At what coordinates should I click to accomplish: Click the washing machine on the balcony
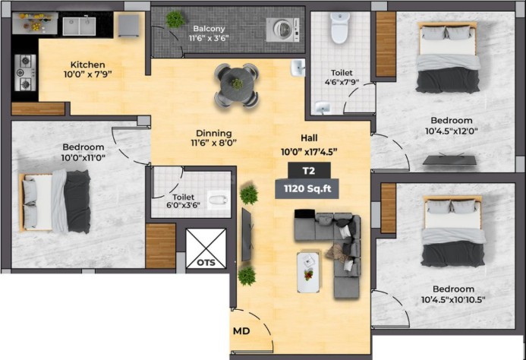coord(282,30)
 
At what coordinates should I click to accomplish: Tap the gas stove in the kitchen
coord(25,73)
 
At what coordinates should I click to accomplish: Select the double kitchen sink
coord(79,26)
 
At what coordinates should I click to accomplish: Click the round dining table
coord(237,85)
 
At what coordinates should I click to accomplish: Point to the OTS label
coord(206,262)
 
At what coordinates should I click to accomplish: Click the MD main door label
coord(241,331)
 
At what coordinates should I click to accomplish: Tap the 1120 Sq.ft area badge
coord(307,188)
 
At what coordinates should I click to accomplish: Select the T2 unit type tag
coord(309,171)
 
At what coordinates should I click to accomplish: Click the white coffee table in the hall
coord(308,273)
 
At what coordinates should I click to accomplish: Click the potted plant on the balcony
coord(175,20)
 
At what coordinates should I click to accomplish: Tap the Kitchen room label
coord(87,65)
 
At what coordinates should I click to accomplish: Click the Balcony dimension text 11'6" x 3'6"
coord(209,38)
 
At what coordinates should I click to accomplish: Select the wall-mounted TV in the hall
coord(246,235)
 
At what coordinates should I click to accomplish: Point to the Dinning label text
coord(214,134)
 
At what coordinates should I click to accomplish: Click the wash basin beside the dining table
coord(298,68)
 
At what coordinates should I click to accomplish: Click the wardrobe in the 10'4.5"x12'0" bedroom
coord(386,44)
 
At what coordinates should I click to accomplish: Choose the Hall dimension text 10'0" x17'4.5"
coord(309,152)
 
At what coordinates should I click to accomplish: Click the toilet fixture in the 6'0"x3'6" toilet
coord(219,201)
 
